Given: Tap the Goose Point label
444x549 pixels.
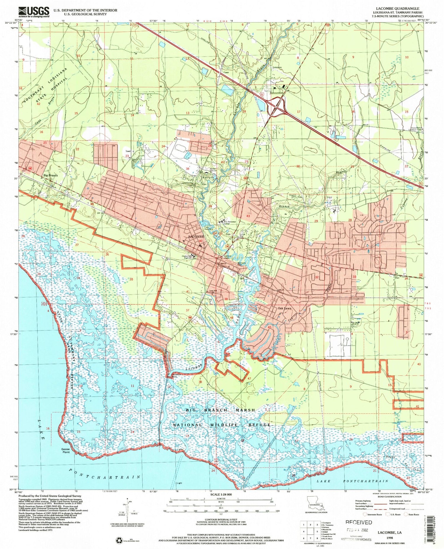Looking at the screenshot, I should [65, 450].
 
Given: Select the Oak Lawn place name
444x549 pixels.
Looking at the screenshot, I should [285, 308].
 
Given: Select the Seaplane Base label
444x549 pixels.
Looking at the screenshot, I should [177, 376].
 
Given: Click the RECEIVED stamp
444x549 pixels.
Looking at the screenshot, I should [358, 522].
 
